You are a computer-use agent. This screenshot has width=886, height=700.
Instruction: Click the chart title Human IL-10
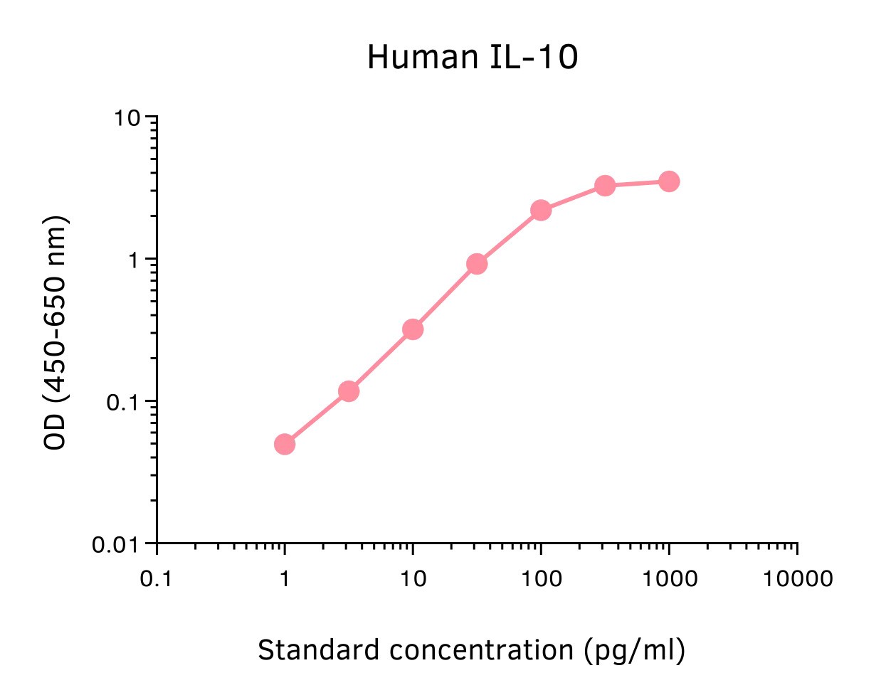pos(472,58)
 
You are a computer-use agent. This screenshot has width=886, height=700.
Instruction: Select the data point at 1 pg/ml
pos(285,445)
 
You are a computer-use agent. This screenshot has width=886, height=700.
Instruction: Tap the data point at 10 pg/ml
pos(413,329)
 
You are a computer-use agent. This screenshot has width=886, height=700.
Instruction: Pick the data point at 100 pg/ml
pos(541,210)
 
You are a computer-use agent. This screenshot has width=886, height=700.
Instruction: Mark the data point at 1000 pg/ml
pos(669,181)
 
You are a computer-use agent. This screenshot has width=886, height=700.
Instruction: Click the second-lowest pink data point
pos(349,391)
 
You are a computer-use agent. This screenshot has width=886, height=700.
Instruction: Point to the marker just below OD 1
pos(477,264)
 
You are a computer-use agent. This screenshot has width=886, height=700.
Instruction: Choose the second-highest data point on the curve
pos(605,186)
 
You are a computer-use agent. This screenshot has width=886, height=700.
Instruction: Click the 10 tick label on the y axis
pos(128,117)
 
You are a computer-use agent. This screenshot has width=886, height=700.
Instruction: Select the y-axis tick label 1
pos(135,260)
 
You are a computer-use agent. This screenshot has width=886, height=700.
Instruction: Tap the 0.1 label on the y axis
pos(122,403)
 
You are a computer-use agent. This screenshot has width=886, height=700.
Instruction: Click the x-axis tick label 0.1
pos(156,579)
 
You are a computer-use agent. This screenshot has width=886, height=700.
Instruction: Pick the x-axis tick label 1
pos(285,579)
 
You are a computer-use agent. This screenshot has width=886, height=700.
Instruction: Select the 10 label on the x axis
pos(413,579)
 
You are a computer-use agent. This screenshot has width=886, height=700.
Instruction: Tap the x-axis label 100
pos(541,579)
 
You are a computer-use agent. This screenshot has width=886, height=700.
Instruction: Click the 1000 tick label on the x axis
pos(669,579)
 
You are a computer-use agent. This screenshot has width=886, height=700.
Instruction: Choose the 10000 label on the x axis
pos(798,579)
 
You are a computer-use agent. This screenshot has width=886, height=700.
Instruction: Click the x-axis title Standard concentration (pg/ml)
pos(471,650)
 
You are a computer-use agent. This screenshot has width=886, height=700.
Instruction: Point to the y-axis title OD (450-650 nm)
pos(55,332)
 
